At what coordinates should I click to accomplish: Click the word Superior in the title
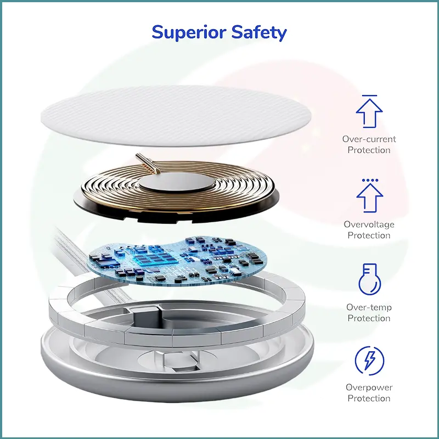tap(189, 33)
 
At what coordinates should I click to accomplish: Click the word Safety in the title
tap(259, 33)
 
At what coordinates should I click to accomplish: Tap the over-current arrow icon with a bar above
tap(369, 111)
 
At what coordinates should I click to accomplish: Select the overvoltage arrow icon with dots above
tap(369, 195)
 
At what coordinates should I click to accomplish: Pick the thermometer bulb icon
tap(369, 279)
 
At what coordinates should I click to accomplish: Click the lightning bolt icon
tap(369, 361)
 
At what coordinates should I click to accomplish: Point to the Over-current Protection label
tap(369, 144)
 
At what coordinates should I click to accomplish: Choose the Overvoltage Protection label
tap(369, 230)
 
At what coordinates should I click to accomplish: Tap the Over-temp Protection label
tap(369, 313)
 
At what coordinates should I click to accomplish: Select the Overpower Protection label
tap(369, 393)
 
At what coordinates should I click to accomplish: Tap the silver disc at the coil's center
tap(176, 182)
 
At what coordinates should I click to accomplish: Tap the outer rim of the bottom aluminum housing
tap(177, 386)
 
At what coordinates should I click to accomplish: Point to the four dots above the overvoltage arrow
tap(370, 181)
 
